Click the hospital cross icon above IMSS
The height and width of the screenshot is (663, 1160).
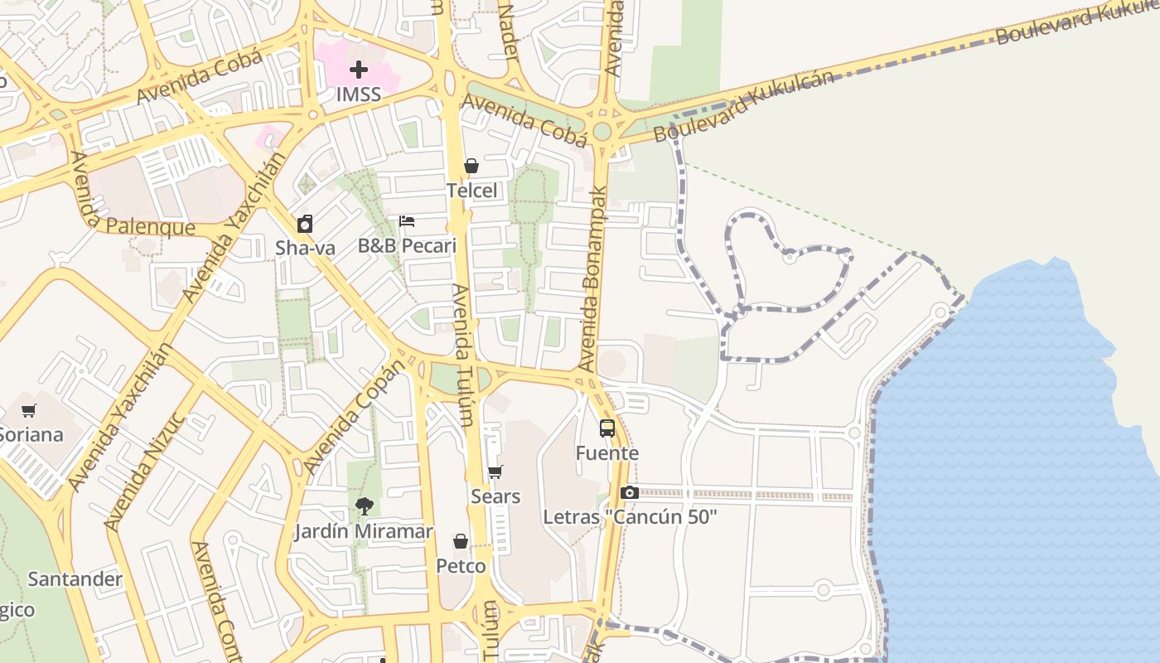(x=359, y=70)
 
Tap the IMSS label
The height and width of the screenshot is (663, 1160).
(x=359, y=94)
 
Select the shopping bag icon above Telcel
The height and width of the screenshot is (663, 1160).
(x=471, y=167)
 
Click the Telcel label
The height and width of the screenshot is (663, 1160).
(x=472, y=191)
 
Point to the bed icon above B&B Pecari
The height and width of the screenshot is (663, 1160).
(x=407, y=221)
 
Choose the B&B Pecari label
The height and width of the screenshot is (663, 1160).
(x=407, y=246)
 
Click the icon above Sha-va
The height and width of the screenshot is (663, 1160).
(x=305, y=224)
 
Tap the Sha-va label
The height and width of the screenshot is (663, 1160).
(x=305, y=248)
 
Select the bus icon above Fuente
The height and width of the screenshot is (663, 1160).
(x=607, y=428)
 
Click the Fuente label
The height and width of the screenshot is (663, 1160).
(x=607, y=453)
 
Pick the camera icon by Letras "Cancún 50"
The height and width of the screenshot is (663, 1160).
(x=629, y=493)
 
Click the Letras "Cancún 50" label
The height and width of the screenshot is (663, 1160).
(x=630, y=517)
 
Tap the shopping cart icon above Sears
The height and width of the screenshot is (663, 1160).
(x=495, y=472)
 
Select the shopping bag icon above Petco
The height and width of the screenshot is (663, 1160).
(x=461, y=542)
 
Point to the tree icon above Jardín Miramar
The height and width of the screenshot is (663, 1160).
(x=364, y=506)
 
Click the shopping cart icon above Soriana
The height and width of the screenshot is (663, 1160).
(x=30, y=410)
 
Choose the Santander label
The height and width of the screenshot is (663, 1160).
(x=75, y=579)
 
